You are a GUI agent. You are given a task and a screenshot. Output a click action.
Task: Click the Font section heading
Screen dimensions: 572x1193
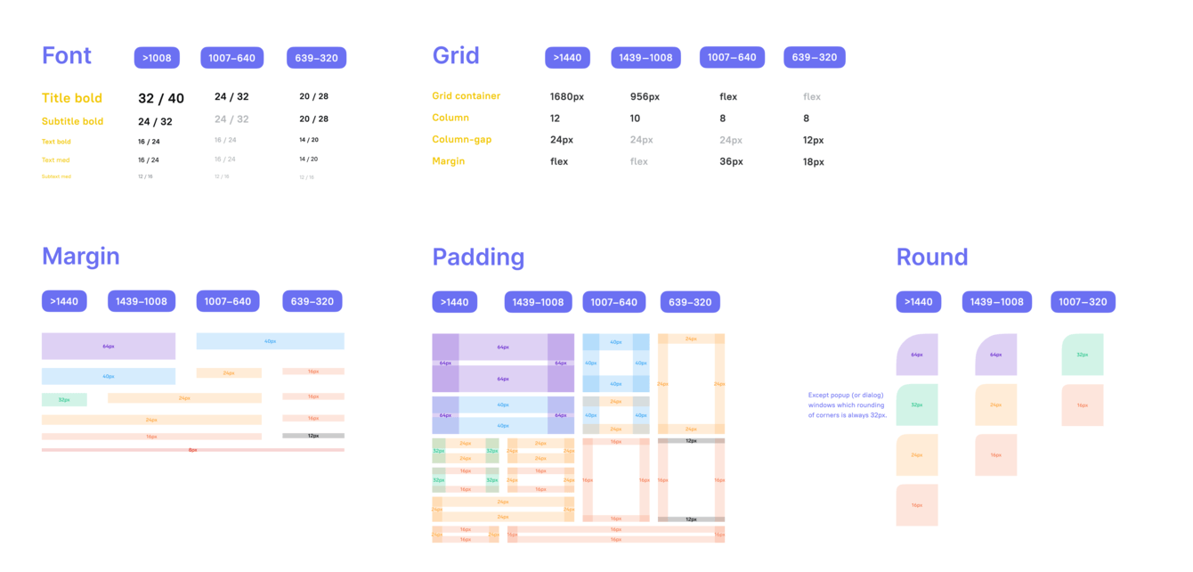click(67, 56)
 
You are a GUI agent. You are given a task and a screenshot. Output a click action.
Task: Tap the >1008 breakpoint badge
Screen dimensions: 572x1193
click(157, 58)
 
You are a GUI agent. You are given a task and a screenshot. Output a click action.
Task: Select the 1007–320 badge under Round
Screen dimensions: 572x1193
click(1083, 302)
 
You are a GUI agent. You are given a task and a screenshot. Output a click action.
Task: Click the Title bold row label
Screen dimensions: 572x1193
click(72, 98)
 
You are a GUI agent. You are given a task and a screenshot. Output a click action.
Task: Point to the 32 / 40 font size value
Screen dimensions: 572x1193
click(161, 98)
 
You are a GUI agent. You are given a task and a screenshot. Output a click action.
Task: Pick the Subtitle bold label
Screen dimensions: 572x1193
click(72, 121)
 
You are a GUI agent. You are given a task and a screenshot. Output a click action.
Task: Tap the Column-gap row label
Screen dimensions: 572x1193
click(461, 140)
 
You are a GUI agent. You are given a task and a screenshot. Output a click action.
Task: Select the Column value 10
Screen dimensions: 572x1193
click(635, 118)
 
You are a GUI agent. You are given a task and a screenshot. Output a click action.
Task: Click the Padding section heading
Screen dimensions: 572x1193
click(478, 257)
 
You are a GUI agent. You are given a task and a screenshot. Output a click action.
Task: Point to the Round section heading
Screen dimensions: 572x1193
click(931, 257)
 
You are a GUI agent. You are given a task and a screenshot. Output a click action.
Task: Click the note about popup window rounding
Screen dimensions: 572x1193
click(848, 404)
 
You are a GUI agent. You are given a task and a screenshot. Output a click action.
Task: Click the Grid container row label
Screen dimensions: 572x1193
click(466, 96)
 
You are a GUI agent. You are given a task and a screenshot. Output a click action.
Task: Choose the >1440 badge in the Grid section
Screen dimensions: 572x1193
click(567, 58)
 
